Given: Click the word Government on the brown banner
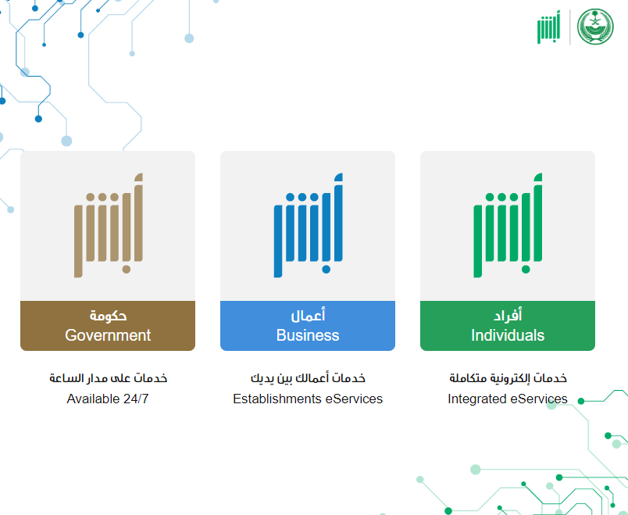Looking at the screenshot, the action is [108, 335].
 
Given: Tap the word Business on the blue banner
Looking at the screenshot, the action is [308, 335].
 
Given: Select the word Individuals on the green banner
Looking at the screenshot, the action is [508, 335].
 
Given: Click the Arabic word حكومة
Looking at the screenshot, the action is [108, 316].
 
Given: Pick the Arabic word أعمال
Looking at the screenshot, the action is [308, 316].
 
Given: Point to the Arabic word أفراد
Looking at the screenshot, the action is [508, 316].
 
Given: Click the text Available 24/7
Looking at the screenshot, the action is [108, 399].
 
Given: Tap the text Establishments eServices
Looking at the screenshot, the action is [308, 399].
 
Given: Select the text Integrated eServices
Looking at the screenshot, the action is [508, 399].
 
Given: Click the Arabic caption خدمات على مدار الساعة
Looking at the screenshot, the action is [108, 378].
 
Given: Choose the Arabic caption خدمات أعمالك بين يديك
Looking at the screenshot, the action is [308, 378].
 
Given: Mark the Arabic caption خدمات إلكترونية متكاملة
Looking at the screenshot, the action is [508, 378].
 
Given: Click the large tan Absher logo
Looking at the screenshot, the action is [108, 225].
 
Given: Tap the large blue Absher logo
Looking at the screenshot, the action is [308, 225].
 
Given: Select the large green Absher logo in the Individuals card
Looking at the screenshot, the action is [508, 225].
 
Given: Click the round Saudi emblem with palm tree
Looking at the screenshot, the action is [595, 27].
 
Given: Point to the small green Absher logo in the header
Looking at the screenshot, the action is [548, 27].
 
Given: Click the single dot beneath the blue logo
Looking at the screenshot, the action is [326, 270].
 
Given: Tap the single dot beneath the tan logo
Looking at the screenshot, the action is [127, 270].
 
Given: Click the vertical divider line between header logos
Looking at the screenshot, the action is [569, 27].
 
